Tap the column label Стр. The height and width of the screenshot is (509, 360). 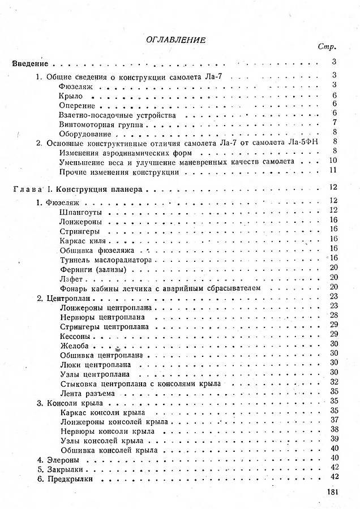coord(331,47)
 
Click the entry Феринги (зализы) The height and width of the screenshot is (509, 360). coord(88,270)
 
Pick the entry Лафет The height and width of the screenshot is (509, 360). coord(71,279)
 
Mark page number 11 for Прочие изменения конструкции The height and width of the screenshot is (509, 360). coord(333,170)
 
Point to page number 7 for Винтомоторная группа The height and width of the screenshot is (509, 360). coord(335,123)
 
